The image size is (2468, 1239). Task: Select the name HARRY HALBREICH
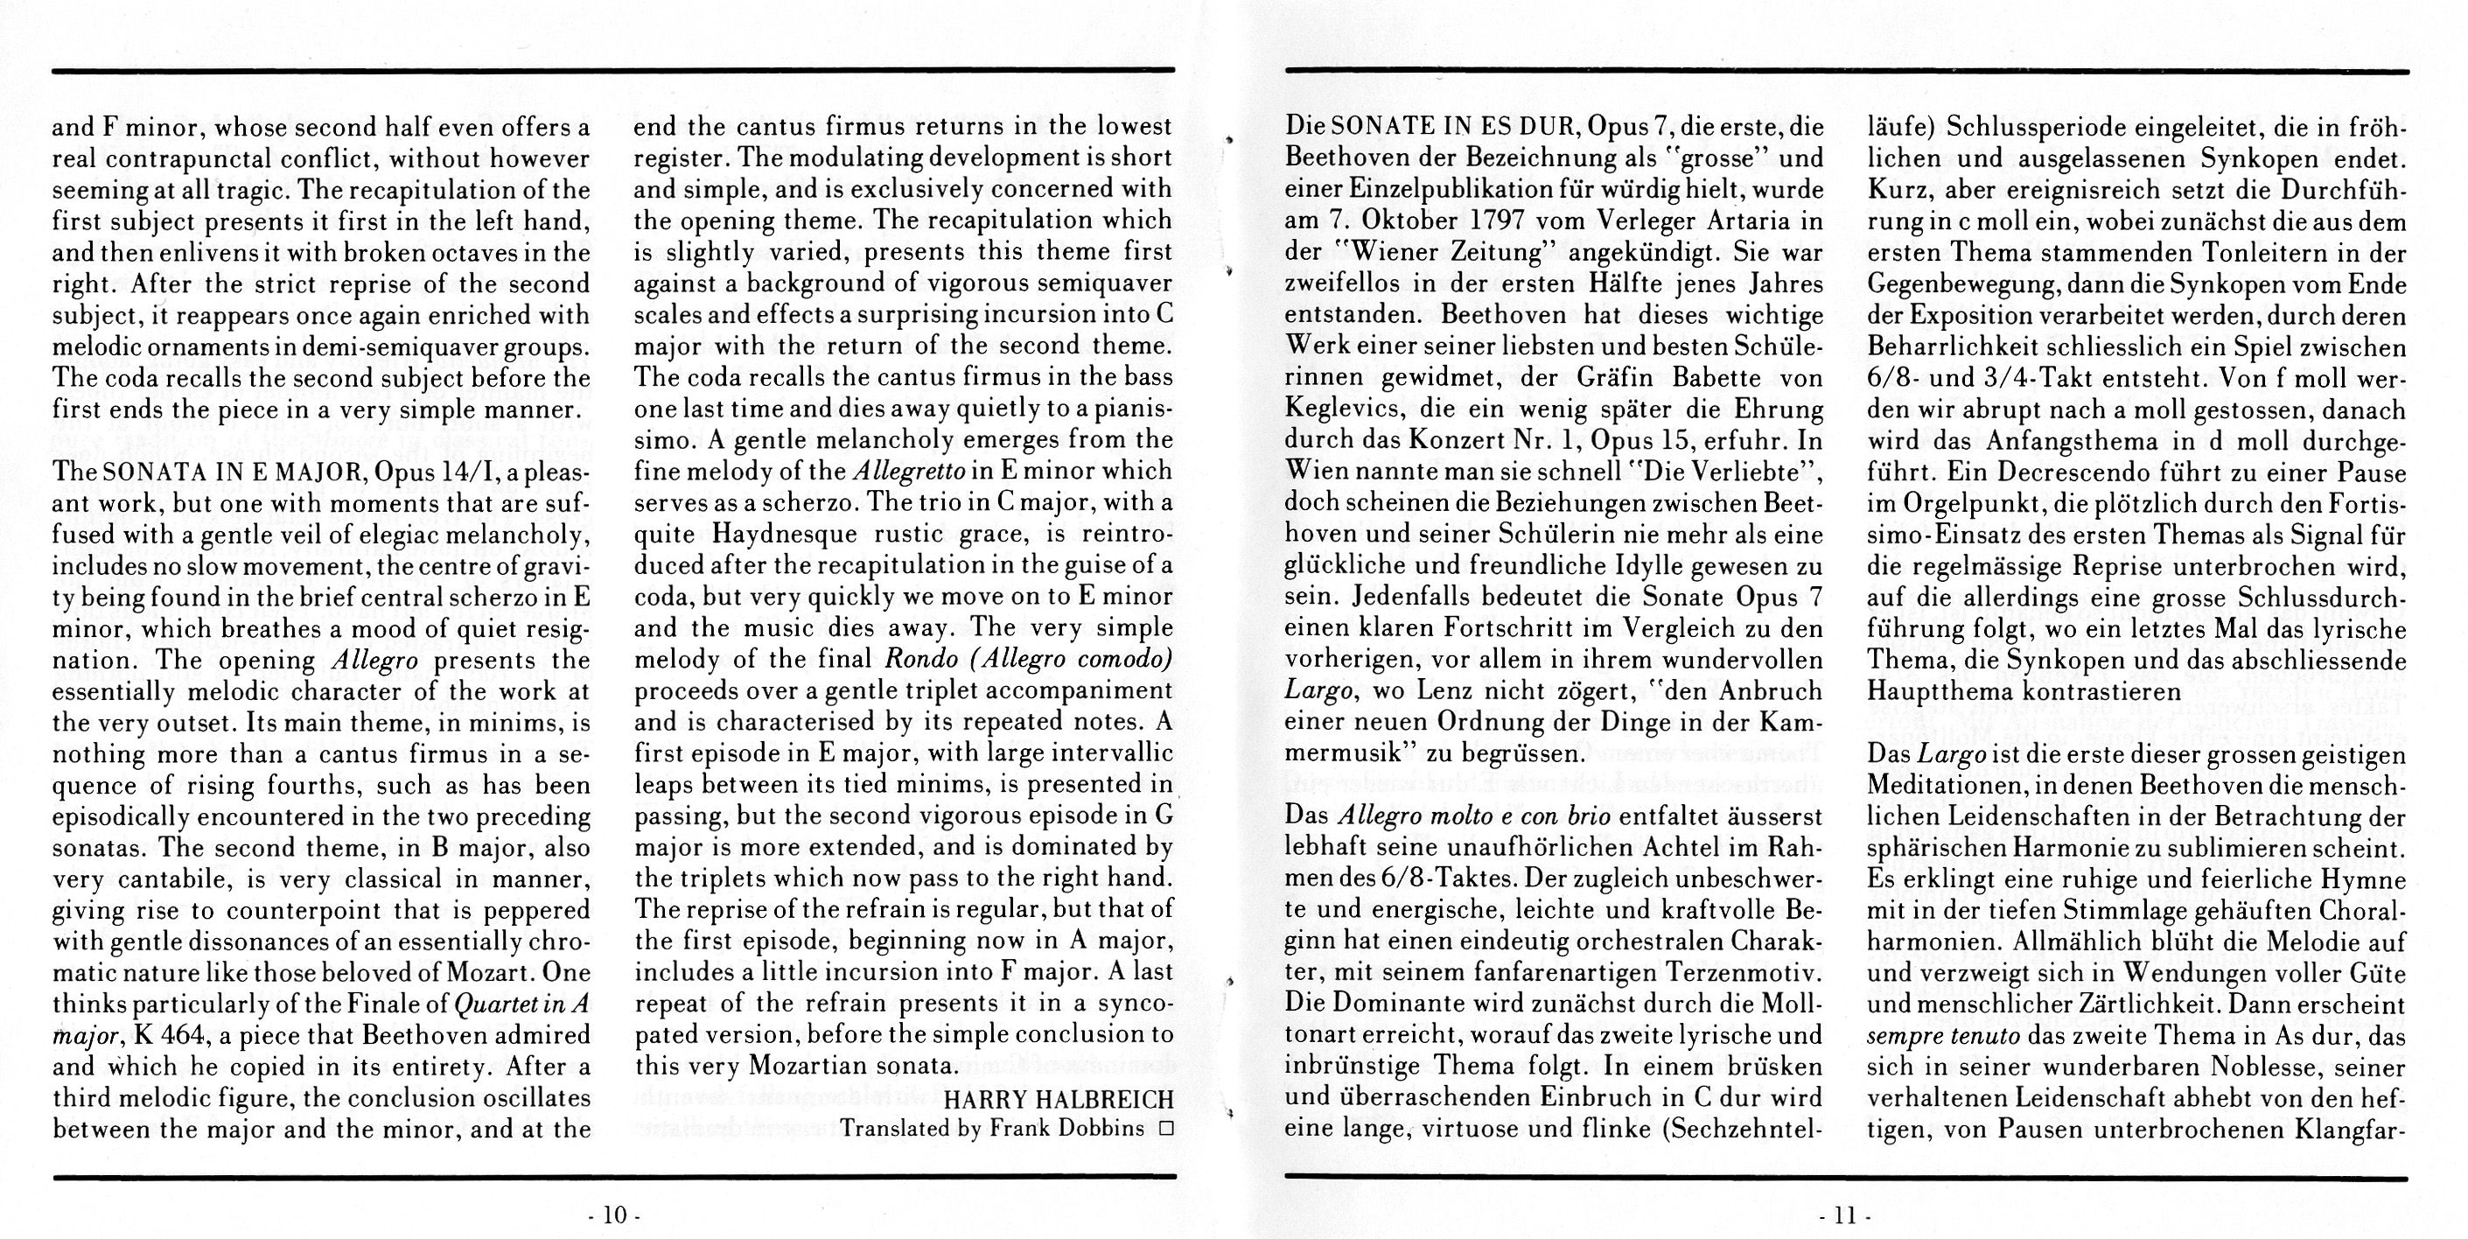(x=1059, y=1098)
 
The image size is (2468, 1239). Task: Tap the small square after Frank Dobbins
(x=1165, y=1129)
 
